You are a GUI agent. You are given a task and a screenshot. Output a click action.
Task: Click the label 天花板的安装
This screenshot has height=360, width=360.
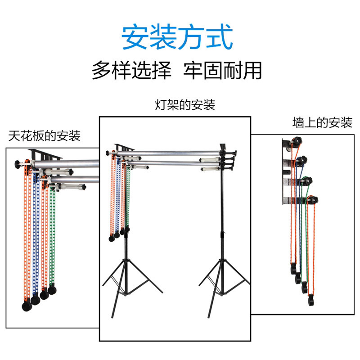(45, 135)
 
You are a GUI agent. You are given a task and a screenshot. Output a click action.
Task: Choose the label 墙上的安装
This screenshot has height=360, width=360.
(322, 122)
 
